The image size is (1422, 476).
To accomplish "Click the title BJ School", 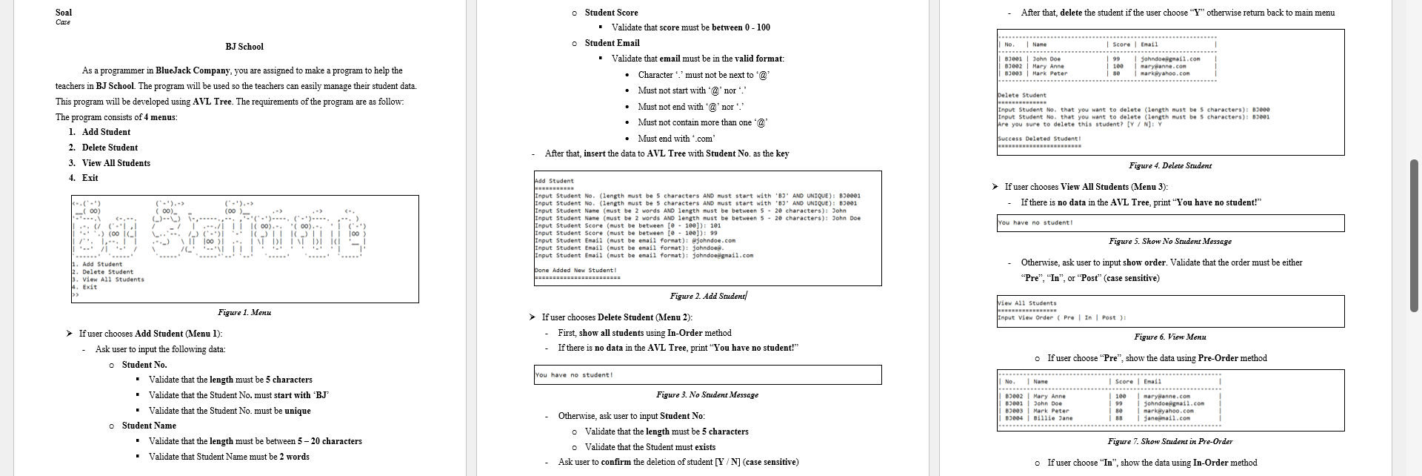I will (244, 47).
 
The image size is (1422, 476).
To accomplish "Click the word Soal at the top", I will (64, 13).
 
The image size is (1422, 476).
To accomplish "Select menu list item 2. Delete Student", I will (110, 148).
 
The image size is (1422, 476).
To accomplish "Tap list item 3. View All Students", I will (116, 163).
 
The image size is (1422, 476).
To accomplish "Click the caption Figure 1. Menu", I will (244, 313).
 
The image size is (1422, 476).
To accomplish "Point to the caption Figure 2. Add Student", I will (708, 297).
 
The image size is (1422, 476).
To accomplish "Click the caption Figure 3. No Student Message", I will (707, 395).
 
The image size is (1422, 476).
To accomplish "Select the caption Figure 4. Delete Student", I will (1170, 166).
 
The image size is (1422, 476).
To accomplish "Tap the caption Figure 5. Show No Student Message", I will (1170, 242).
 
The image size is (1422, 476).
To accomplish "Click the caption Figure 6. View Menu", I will (1170, 337).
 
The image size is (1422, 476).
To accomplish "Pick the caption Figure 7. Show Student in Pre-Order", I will (1170, 442).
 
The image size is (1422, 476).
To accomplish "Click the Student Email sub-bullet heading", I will (612, 43).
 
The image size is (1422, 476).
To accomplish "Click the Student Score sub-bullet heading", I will (611, 13).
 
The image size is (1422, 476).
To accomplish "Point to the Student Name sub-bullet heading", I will (149, 426).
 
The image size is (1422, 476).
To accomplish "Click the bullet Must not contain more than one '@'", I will (702, 122).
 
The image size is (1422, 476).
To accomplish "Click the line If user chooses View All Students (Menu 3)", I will (1086, 187).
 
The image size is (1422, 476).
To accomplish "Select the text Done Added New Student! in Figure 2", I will (575, 271).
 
